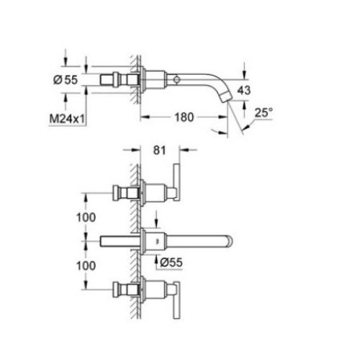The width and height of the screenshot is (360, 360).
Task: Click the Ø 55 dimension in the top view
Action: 66,80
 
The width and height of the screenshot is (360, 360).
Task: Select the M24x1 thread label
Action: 67,119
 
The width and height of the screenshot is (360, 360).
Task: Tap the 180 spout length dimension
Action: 184,117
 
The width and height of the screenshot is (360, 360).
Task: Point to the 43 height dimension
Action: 244,90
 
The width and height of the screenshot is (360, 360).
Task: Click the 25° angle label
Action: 264,113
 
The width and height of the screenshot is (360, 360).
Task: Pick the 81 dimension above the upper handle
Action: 159,150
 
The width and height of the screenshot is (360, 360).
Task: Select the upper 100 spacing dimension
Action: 86,217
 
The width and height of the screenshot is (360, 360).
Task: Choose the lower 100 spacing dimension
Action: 86,266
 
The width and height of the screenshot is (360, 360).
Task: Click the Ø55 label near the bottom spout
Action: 171,262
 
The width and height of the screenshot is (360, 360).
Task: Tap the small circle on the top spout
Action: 177,79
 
